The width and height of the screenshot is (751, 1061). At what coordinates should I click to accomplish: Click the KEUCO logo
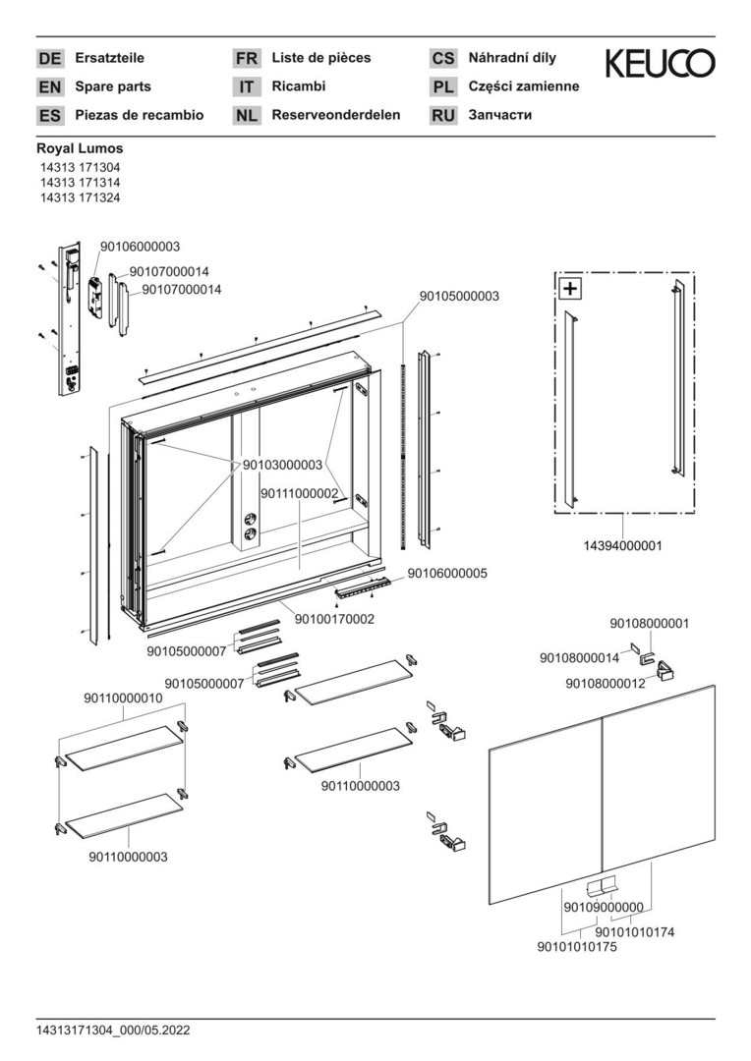pos(660,64)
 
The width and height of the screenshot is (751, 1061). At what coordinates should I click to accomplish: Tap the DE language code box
pos(49,59)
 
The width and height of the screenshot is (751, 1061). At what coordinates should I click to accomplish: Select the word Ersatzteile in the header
pos(110,58)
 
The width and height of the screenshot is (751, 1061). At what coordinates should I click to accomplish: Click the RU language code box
pos(443,116)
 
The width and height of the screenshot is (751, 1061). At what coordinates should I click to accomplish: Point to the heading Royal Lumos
pos(80,148)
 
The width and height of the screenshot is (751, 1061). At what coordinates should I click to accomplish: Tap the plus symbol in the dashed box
pos(570,288)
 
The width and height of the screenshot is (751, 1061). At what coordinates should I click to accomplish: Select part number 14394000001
pos(623,545)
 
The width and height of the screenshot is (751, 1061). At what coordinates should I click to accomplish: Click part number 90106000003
pos(140,247)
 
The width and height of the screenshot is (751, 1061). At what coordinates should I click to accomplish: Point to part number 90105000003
pos(459,296)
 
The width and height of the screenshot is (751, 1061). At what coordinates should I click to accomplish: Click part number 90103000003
pos(283,465)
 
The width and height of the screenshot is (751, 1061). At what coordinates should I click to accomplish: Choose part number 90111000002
pos(300,493)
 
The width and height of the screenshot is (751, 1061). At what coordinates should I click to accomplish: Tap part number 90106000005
pos(447,573)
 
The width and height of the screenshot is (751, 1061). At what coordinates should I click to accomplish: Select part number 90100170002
pos(334,619)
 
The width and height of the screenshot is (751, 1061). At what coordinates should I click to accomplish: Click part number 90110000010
pos(122,698)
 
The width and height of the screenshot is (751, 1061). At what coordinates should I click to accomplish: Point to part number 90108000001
pos(649,623)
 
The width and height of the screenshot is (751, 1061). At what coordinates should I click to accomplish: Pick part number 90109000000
pos(604,908)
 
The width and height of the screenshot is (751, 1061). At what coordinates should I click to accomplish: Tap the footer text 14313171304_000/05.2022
pos(113,1031)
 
